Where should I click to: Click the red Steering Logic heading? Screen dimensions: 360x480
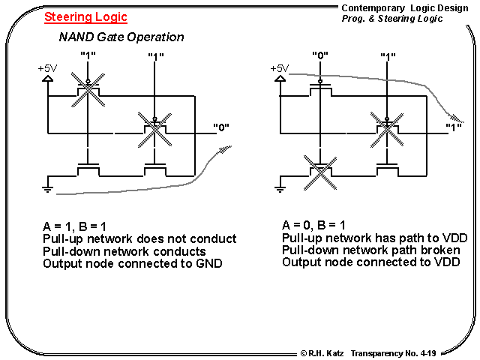tap(85, 16)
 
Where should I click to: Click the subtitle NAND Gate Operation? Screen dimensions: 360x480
tap(121, 37)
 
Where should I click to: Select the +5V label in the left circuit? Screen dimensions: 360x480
tap(47, 68)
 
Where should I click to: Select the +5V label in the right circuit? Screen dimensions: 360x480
tap(279, 68)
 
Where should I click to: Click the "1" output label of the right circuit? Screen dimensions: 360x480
tap(453, 127)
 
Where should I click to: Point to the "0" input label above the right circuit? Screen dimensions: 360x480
tap(320, 55)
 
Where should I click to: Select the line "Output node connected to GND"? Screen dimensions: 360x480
tap(133, 263)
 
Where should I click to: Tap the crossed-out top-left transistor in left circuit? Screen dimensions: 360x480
tap(88, 87)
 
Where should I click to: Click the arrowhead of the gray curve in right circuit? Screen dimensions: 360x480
tap(457, 118)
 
